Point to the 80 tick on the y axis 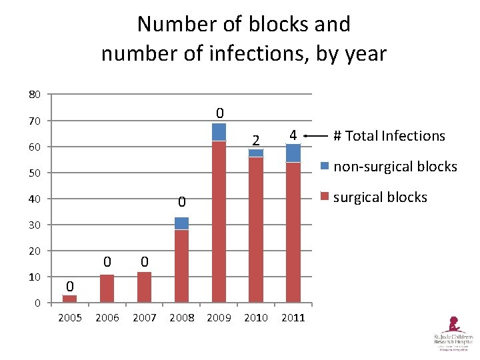(x=34, y=95)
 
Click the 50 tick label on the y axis (x=34, y=173)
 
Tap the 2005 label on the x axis (x=70, y=317)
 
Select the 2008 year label (x=182, y=317)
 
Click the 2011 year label (x=293, y=317)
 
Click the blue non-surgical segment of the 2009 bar (x=219, y=132)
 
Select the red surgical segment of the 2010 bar (x=256, y=230)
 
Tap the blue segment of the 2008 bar (x=181, y=223)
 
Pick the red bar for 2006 (x=107, y=289)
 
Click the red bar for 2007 (x=144, y=287)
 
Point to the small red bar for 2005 (x=70, y=299)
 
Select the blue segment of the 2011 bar (x=293, y=153)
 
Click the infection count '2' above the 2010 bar (x=255, y=140)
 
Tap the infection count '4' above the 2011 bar (x=292, y=135)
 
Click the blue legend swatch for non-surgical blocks (x=325, y=166)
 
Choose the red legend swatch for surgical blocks (x=325, y=197)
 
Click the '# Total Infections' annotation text (x=389, y=136)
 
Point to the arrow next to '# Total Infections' (x=315, y=136)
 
